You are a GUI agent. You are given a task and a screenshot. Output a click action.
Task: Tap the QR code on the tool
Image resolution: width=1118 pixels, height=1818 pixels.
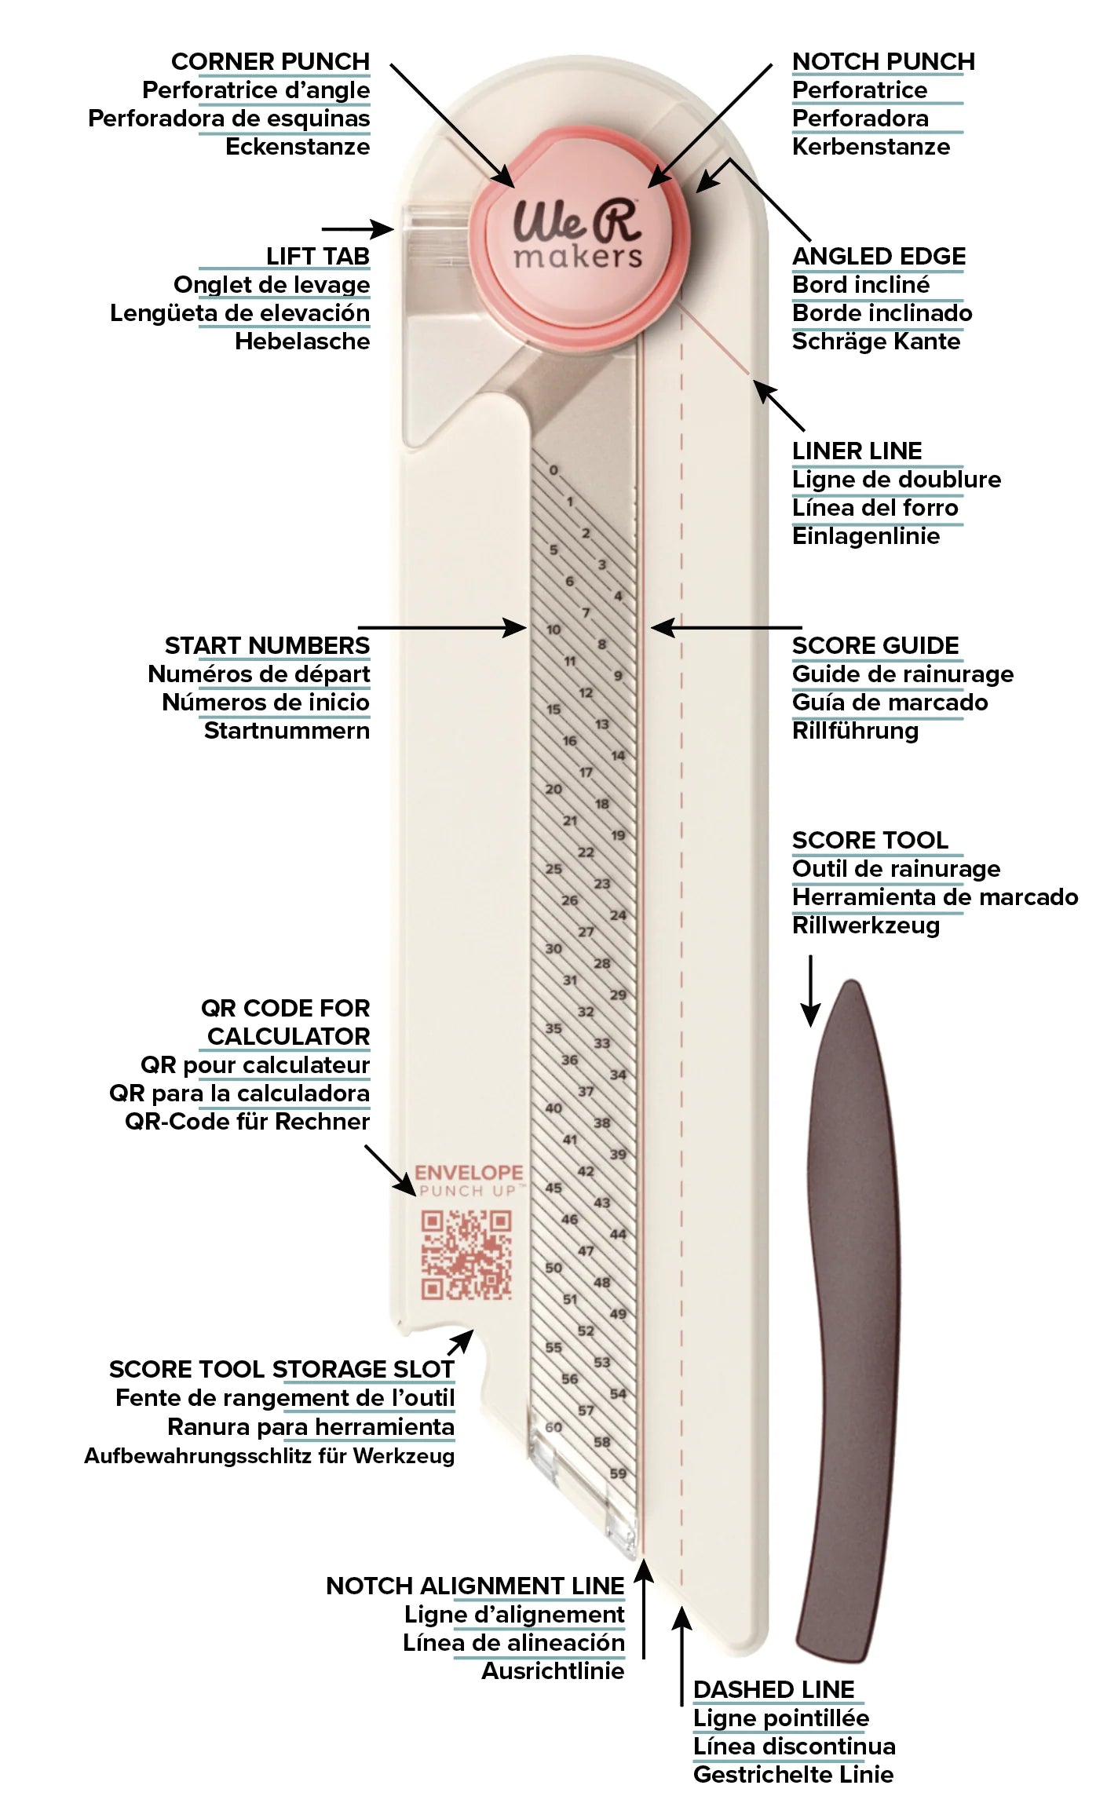pyautogui.click(x=466, y=1254)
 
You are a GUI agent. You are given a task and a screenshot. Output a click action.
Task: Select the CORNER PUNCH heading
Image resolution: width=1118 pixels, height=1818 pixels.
pyautogui.click(x=270, y=61)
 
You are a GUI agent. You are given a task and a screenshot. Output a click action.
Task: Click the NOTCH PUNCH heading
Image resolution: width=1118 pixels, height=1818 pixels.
pyautogui.click(x=883, y=61)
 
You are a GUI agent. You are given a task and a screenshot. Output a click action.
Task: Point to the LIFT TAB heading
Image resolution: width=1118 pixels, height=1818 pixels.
pyautogui.click(x=317, y=256)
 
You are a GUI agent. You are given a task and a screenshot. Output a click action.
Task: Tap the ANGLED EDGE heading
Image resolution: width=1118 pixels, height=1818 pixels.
pyautogui.click(x=879, y=256)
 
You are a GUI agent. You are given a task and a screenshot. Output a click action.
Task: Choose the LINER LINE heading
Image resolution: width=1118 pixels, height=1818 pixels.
pyautogui.click(x=857, y=451)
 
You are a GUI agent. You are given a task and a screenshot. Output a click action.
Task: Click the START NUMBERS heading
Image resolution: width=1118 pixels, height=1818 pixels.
pyautogui.click(x=267, y=645)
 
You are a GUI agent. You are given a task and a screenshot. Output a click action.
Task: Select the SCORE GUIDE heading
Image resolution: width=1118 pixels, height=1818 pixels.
pyautogui.click(x=875, y=645)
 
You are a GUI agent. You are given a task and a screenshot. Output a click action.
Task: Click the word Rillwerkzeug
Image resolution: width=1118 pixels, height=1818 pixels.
pyautogui.click(x=865, y=925)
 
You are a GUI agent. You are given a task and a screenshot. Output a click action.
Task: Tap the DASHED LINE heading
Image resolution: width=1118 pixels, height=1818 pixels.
pyautogui.click(x=773, y=1689)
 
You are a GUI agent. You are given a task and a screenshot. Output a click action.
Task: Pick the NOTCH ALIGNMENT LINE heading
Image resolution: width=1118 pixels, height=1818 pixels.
pyautogui.click(x=475, y=1586)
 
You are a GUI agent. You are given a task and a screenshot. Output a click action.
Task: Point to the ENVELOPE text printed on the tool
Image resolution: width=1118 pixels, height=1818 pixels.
pyautogui.click(x=469, y=1173)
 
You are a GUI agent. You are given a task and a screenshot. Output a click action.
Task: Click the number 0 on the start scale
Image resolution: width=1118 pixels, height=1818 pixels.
pyautogui.click(x=554, y=470)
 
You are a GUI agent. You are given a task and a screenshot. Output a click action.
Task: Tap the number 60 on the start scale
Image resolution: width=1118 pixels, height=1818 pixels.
pyautogui.click(x=554, y=1427)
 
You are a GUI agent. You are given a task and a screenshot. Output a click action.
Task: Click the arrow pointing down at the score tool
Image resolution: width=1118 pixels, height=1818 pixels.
pyautogui.click(x=810, y=991)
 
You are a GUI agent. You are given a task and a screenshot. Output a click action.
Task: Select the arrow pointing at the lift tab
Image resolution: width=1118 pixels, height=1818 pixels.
pyautogui.click(x=358, y=228)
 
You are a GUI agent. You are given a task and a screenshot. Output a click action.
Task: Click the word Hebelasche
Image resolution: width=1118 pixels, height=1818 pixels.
pyautogui.click(x=302, y=341)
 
